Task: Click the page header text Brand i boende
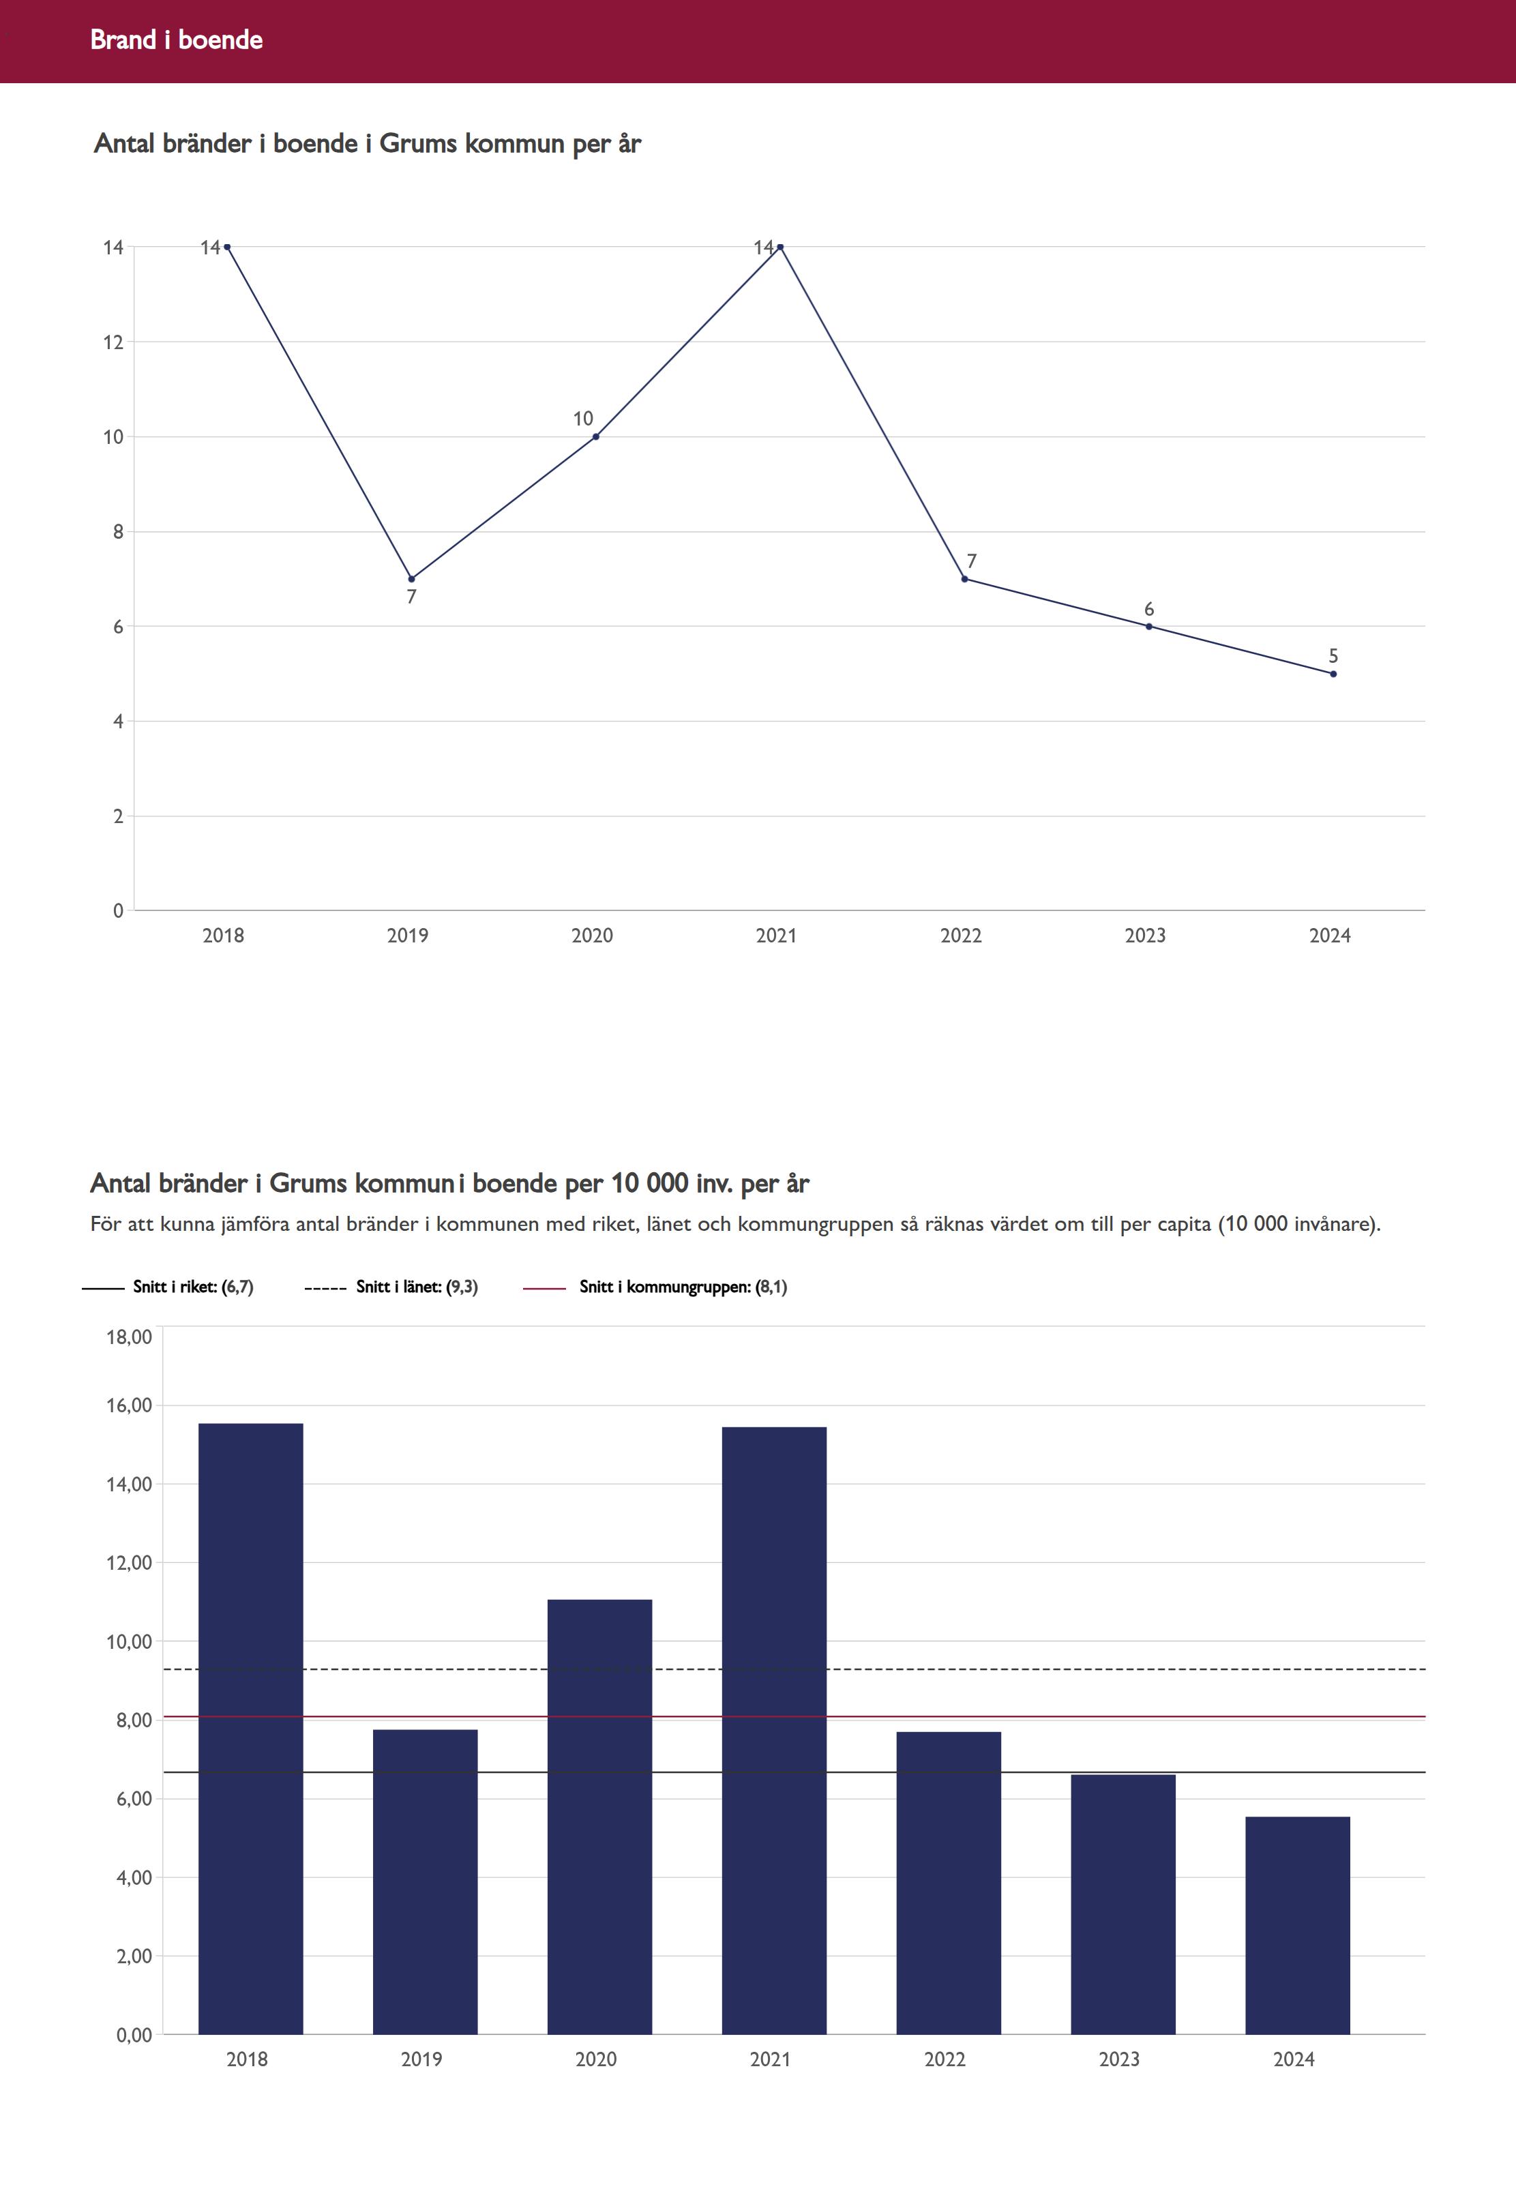(176, 40)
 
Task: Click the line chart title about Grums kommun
(368, 143)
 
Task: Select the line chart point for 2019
(411, 578)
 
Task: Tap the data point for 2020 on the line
(595, 437)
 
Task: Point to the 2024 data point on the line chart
(1333, 673)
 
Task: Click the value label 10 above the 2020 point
(582, 419)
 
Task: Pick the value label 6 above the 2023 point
(1148, 609)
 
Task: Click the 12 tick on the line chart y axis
(114, 342)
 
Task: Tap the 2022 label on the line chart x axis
(960, 936)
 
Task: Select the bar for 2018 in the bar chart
(251, 1729)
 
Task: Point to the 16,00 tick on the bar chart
(129, 1405)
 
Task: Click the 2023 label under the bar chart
(1119, 2059)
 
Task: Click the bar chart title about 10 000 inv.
(449, 1183)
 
